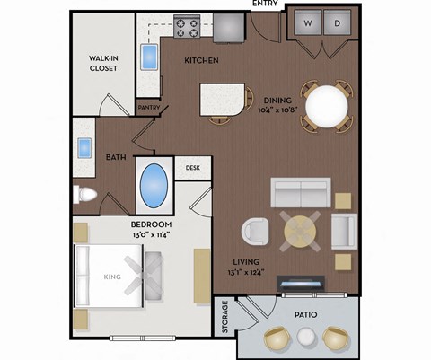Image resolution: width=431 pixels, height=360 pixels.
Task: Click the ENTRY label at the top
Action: (265, 4)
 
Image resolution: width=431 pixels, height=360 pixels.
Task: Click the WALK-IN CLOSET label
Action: (104, 63)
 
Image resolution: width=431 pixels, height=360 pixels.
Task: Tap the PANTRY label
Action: (148, 108)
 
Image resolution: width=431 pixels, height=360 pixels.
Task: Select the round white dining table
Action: (328, 107)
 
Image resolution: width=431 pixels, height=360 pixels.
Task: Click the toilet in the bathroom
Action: (86, 194)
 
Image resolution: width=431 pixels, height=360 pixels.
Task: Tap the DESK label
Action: (192, 168)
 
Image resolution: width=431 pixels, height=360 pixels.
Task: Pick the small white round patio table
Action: (307, 338)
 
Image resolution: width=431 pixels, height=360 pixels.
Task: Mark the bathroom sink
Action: (85, 148)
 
